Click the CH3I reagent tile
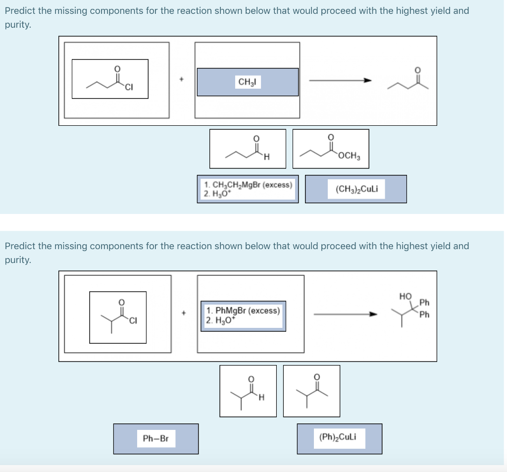(x=248, y=82)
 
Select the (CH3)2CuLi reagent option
(x=355, y=189)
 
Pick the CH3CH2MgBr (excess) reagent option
(x=248, y=189)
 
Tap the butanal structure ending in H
(x=248, y=149)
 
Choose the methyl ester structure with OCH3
(x=331, y=149)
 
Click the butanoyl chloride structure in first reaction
(x=110, y=79)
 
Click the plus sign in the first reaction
(x=182, y=79)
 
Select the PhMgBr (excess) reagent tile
(x=243, y=315)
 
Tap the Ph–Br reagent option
(x=155, y=438)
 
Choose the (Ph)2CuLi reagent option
(x=339, y=438)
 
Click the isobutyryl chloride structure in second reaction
(x=118, y=317)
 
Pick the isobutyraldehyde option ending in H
(x=248, y=391)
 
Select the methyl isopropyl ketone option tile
(x=311, y=391)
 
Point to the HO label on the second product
(x=405, y=296)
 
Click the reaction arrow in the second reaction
(x=345, y=314)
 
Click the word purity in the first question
(x=17, y=24)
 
